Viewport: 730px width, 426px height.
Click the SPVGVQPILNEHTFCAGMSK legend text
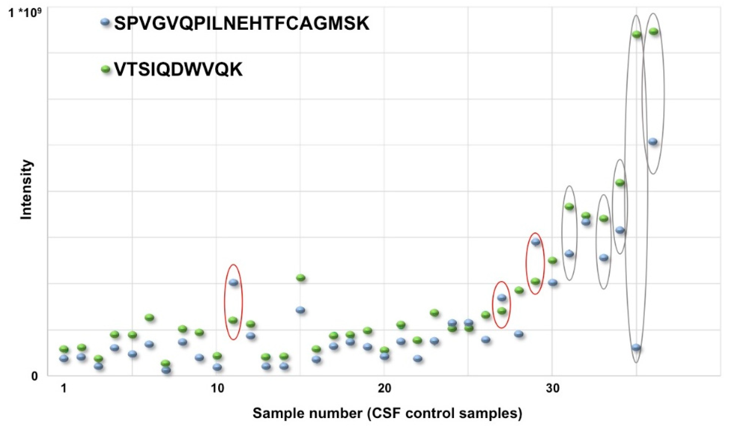(x=242, y=24)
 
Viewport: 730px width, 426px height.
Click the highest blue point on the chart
(x=653, y=142)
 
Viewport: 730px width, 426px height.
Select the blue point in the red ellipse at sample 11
(x=233, y=283)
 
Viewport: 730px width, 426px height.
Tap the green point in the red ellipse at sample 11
(x=233, y=320)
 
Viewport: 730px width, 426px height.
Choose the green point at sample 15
(x=301, y=278)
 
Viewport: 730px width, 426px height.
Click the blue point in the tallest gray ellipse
(x=636, y=347)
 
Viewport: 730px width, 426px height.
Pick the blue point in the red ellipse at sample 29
(x=536, y=242)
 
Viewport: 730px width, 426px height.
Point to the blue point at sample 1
(x=64, y=358)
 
